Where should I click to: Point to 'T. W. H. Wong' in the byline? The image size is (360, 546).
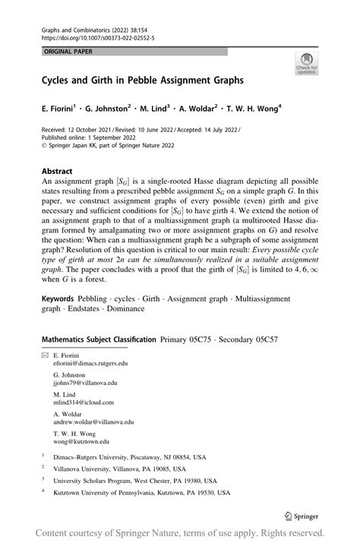point(249,109)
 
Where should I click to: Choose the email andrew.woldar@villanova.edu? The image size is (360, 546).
point(93,422)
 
